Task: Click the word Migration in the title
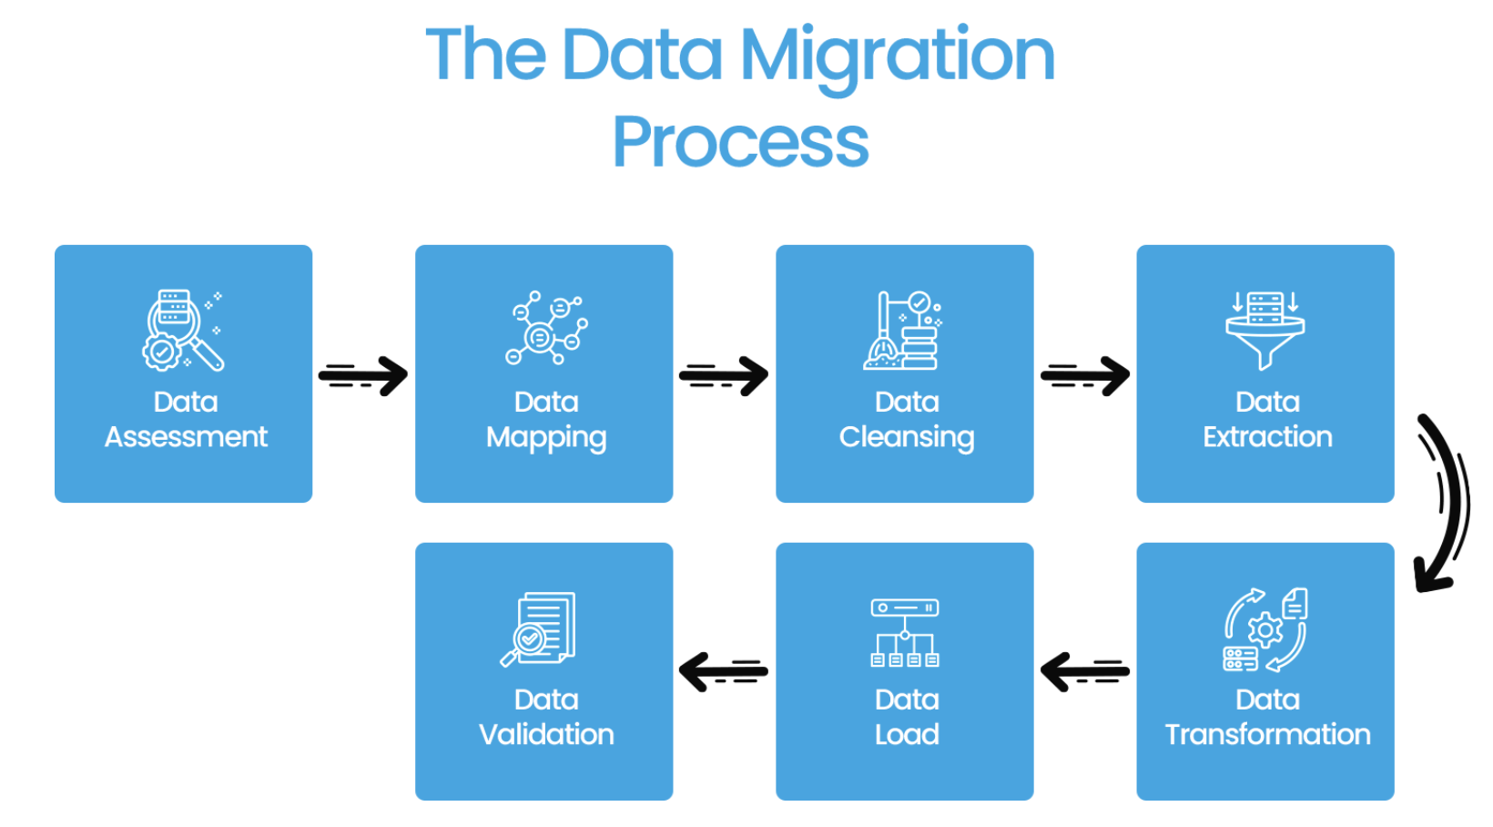point(897,56)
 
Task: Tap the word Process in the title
point(740,142)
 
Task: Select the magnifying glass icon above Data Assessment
point(183,331)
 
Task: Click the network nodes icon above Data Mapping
point(546,329)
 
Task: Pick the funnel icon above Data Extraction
point(1265,331)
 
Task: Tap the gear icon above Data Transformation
point(1265,629)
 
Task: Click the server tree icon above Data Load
point(905,632)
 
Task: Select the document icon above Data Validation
point(539,629)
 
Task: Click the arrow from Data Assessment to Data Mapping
point(363,375)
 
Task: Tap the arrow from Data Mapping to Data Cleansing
point(724,375)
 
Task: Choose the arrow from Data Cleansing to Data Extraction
point(1085,375)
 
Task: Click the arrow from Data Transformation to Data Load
point(1084,672)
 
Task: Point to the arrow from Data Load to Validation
point(723,672)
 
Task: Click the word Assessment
point(186,437)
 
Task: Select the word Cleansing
point(907,437)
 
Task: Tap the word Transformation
point(1267,734)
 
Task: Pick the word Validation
point(546,734)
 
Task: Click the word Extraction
point(1267,437)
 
